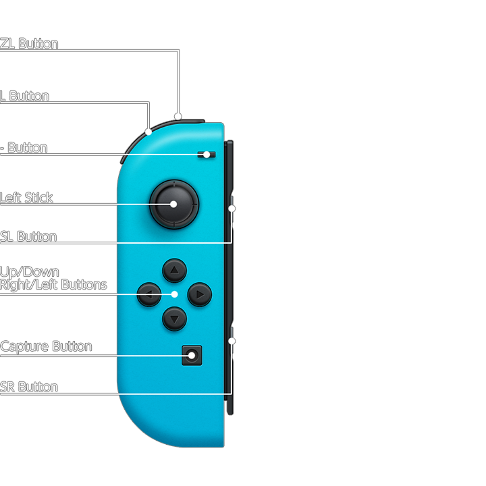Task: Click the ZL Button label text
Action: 30,44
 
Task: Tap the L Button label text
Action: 25,97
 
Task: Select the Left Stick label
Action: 27,198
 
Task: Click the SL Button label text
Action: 28,236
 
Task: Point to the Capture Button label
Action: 46,346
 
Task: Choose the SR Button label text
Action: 29,387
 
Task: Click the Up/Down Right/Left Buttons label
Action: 53,278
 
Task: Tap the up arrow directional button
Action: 174,271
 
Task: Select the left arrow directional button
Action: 149,294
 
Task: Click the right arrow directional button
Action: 199,294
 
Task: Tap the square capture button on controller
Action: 192,355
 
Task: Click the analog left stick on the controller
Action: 173,203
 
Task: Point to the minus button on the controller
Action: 207,155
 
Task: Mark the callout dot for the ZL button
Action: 178,116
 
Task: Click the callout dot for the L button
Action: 148,131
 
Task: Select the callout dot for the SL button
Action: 232,209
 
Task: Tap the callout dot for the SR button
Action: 232,341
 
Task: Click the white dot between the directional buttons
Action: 174,294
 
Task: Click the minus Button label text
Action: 24,148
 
